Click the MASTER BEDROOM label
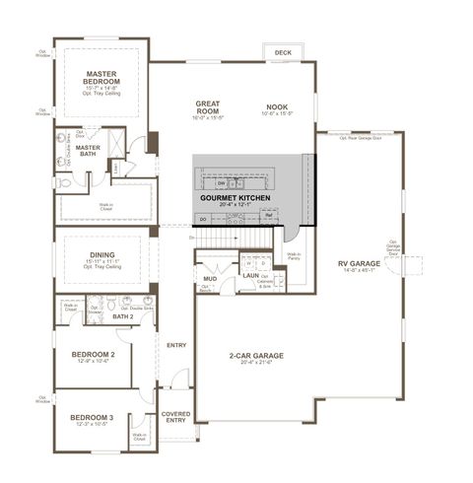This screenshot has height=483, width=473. click(101, 78)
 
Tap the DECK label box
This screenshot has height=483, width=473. click(283, 52)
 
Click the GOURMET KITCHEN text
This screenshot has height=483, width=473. click(235, 197)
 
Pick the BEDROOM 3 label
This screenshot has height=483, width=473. click(93, 418)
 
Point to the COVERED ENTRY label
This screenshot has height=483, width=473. click(176, 417)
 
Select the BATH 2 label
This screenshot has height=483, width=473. click(122, 316)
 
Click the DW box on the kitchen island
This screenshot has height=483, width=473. click(221, 183)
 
